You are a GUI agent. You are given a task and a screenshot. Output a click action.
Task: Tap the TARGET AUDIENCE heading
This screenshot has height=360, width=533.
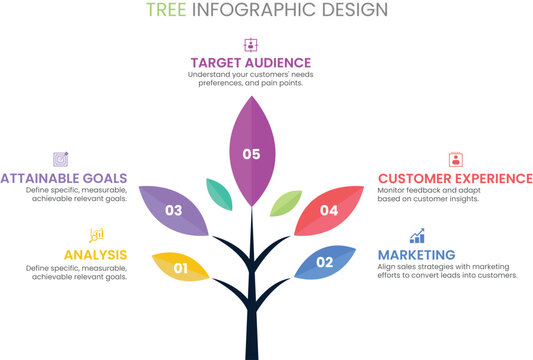click(x=250, y=62)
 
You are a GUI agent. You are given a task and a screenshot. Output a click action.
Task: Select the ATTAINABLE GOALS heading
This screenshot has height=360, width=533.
click(x=64, y=178)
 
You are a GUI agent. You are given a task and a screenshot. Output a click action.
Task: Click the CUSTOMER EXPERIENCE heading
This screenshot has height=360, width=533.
click(x=455, y=178)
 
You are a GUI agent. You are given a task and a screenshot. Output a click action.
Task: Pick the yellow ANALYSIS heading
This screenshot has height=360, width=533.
click(x=95, y=255)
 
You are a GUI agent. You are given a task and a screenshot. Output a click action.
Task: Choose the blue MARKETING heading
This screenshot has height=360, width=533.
click(x=417, y=255)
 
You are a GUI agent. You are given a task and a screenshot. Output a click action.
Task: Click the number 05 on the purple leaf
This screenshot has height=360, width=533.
click(x=250, y=154)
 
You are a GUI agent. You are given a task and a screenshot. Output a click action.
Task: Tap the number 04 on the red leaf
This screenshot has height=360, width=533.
click(x=329, y=211)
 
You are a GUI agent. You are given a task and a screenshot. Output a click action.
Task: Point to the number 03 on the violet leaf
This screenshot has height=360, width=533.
click(x=174, y=211)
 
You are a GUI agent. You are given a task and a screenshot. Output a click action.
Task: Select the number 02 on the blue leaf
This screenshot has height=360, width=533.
click(x=324, y=263)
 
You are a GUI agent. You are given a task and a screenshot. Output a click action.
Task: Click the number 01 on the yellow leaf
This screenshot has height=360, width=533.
click(x=181, y=268)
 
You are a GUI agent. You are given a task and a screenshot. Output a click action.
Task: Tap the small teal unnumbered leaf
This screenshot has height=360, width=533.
click(x=219, y=193)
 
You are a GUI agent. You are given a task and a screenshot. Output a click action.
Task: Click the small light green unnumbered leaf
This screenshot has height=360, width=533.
click(x=285, y=203)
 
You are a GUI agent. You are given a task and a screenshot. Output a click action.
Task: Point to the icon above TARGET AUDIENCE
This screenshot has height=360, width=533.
click(x=250, y=44)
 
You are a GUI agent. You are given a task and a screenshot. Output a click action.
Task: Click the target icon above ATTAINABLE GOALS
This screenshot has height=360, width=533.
click(x=61, y=159)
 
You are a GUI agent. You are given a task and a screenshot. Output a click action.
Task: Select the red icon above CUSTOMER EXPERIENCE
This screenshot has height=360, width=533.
click(x=456, y=159)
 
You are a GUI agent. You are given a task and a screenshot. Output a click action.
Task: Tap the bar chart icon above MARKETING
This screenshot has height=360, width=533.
click(x=417, y=236)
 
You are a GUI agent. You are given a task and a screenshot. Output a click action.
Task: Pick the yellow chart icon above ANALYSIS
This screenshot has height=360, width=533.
click(x=97, y=235)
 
